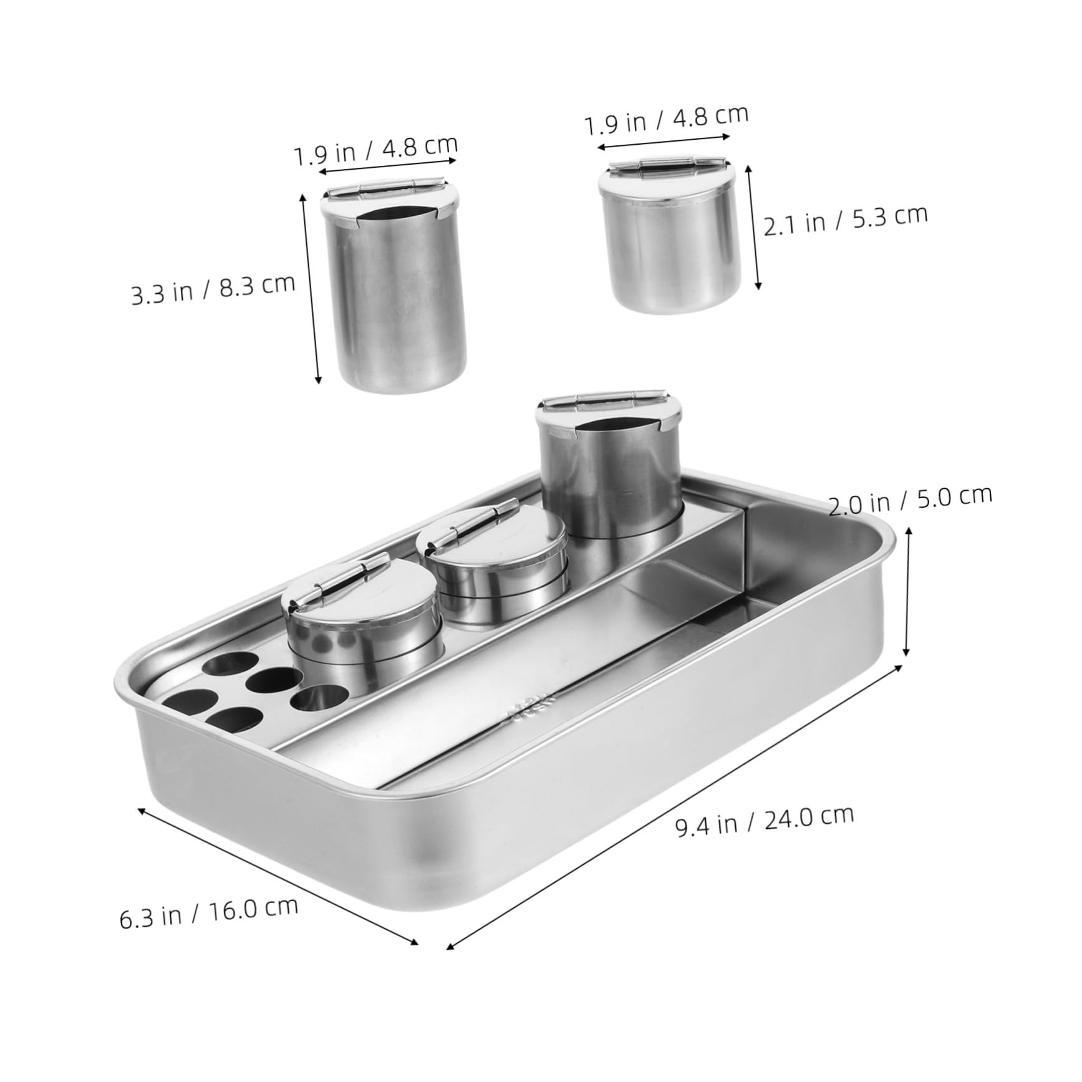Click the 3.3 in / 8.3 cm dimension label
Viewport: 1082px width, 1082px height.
(213, 289)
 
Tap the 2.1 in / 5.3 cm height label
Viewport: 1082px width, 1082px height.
(846, 220)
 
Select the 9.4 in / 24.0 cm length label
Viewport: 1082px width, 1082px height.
(765, 820)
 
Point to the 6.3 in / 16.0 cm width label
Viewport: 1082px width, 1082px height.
(209, 912)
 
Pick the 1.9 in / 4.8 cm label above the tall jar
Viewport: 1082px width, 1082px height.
(376, 152)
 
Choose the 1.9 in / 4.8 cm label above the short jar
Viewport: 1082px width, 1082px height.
(666, 120)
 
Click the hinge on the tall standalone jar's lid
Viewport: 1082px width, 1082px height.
(387, 188)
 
